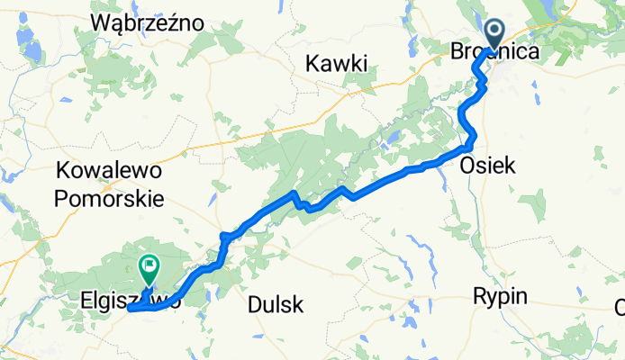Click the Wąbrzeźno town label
pyautogui.click(x=149, y=24)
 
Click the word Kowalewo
pyautogui.click(x=108, y=169)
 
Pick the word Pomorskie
pyautogui.click(x=108, y=197)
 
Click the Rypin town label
pyautogui.click(x=501, y=298)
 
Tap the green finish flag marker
pyautogui.click(x=148, y=266)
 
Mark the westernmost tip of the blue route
pyautogui.click(x=130, y=308)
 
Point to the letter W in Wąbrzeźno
pyautogui.click(x=100, y=24)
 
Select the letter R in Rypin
pyautogui.click(x=480, y=298)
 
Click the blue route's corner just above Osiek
pyautogui.click(x=472, y=144)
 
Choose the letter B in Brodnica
pyautogui.click(x=457, y=53)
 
